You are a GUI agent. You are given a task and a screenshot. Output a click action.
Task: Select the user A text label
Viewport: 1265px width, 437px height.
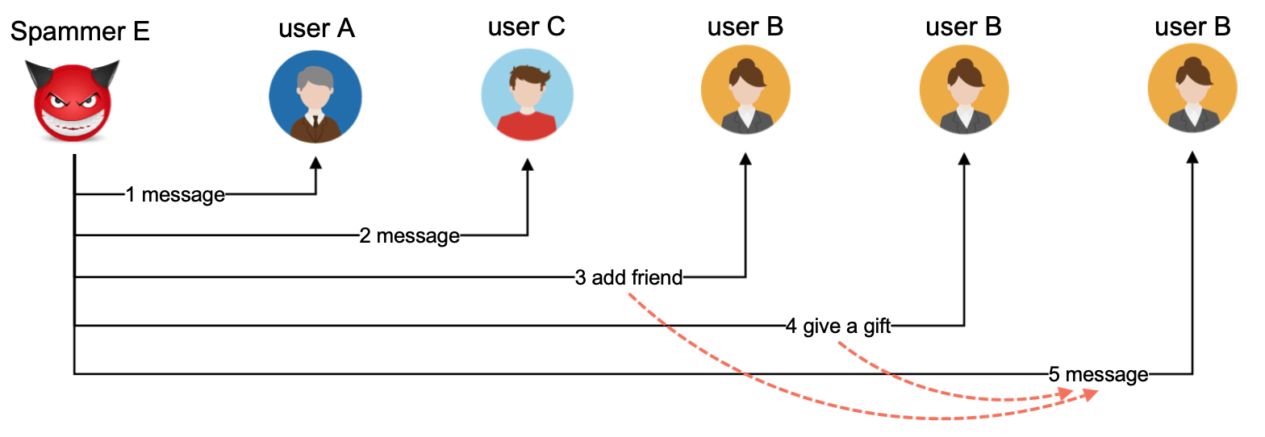[x=316, y=29]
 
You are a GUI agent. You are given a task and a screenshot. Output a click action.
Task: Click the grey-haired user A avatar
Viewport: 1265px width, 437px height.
[x=315, y=97]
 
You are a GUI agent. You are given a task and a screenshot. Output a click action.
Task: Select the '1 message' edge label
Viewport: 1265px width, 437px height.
[x=175, y=194]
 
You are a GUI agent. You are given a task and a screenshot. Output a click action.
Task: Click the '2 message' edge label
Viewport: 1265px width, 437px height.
[x=409, y=236]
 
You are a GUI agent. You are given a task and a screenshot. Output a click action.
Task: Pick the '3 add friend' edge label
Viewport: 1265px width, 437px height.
[x=628, y=278]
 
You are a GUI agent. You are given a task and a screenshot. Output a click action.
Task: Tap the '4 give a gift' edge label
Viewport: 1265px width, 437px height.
[x=838, y=327]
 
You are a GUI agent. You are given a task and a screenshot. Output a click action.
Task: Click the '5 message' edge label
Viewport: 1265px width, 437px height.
[x=1098, y=374]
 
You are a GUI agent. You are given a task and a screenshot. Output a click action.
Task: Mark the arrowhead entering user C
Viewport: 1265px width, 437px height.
[x=528, y=163]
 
